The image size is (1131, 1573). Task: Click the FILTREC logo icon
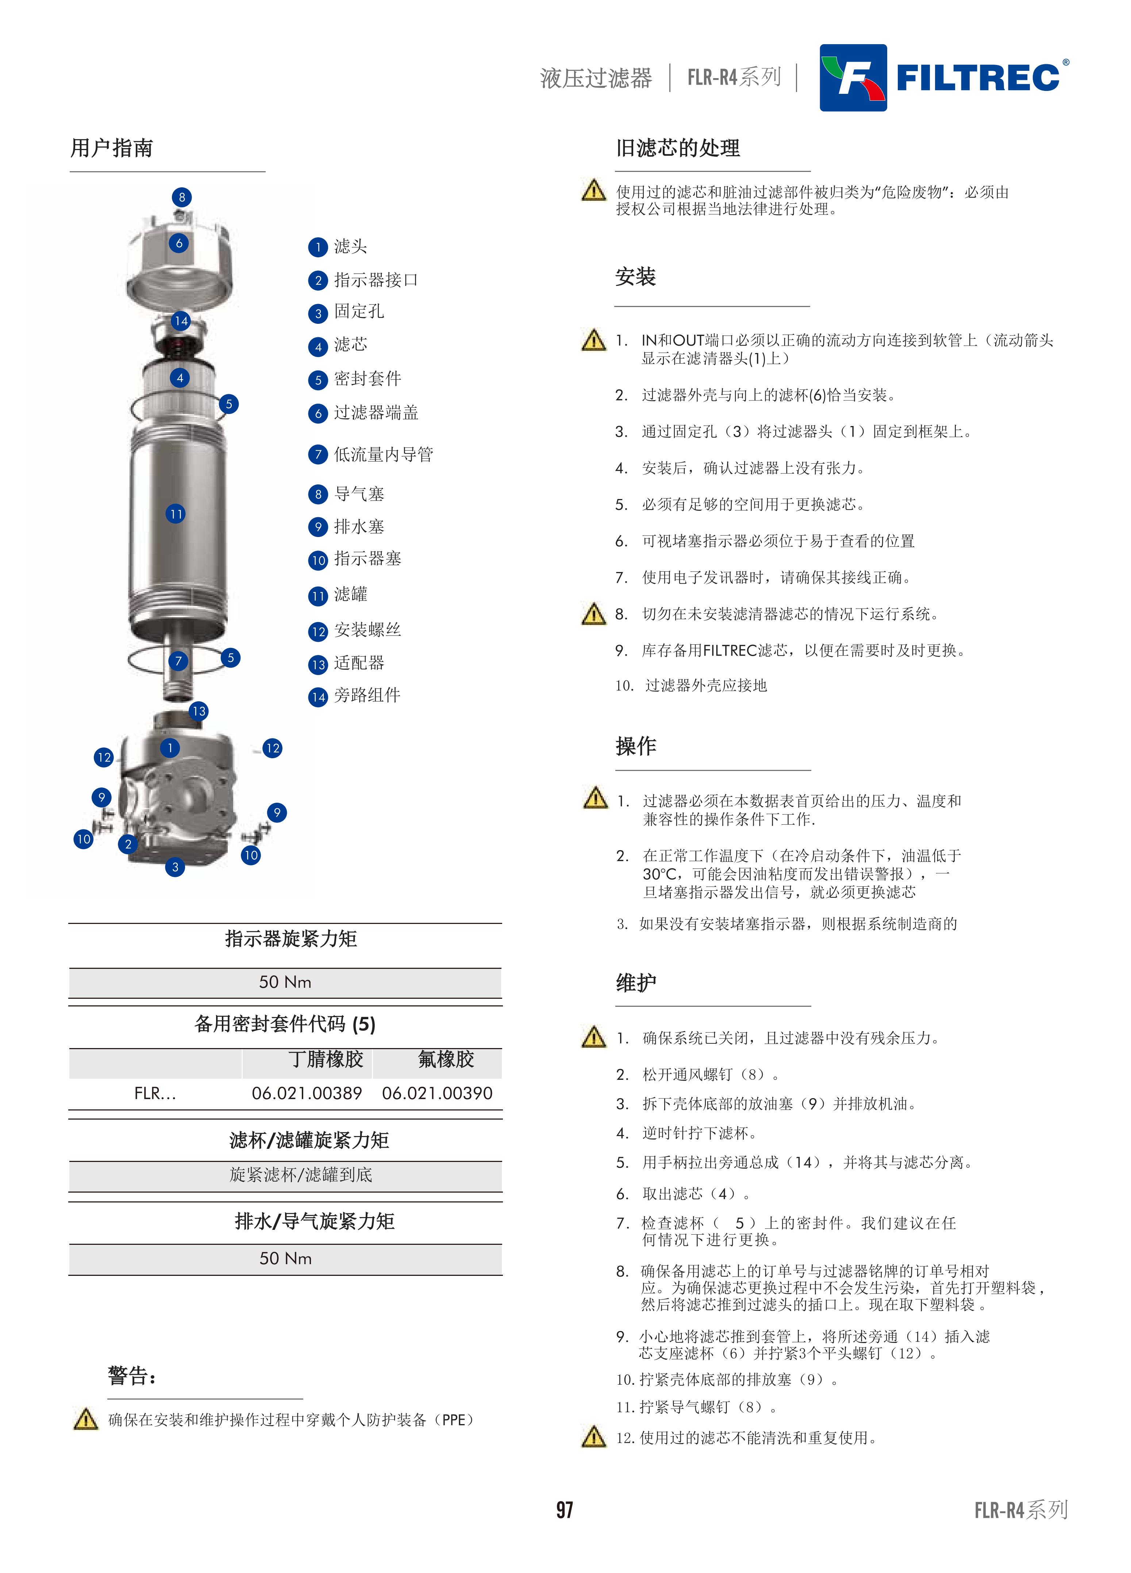(853, 78)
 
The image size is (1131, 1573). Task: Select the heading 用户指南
(112, 148)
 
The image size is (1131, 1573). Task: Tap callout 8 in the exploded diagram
(182, 197)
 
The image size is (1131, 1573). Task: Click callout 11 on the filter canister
(176, 514)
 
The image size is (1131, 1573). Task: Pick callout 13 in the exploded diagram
(199, 711)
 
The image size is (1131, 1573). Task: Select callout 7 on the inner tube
(178, 661)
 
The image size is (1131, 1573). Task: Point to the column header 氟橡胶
(446, 1059)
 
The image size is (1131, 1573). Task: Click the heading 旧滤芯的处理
(678, 148)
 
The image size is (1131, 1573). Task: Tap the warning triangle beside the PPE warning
(85, 1420)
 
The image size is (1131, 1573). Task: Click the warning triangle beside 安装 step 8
(593, 613)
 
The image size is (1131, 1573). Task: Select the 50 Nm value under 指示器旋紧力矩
(285, 982)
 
